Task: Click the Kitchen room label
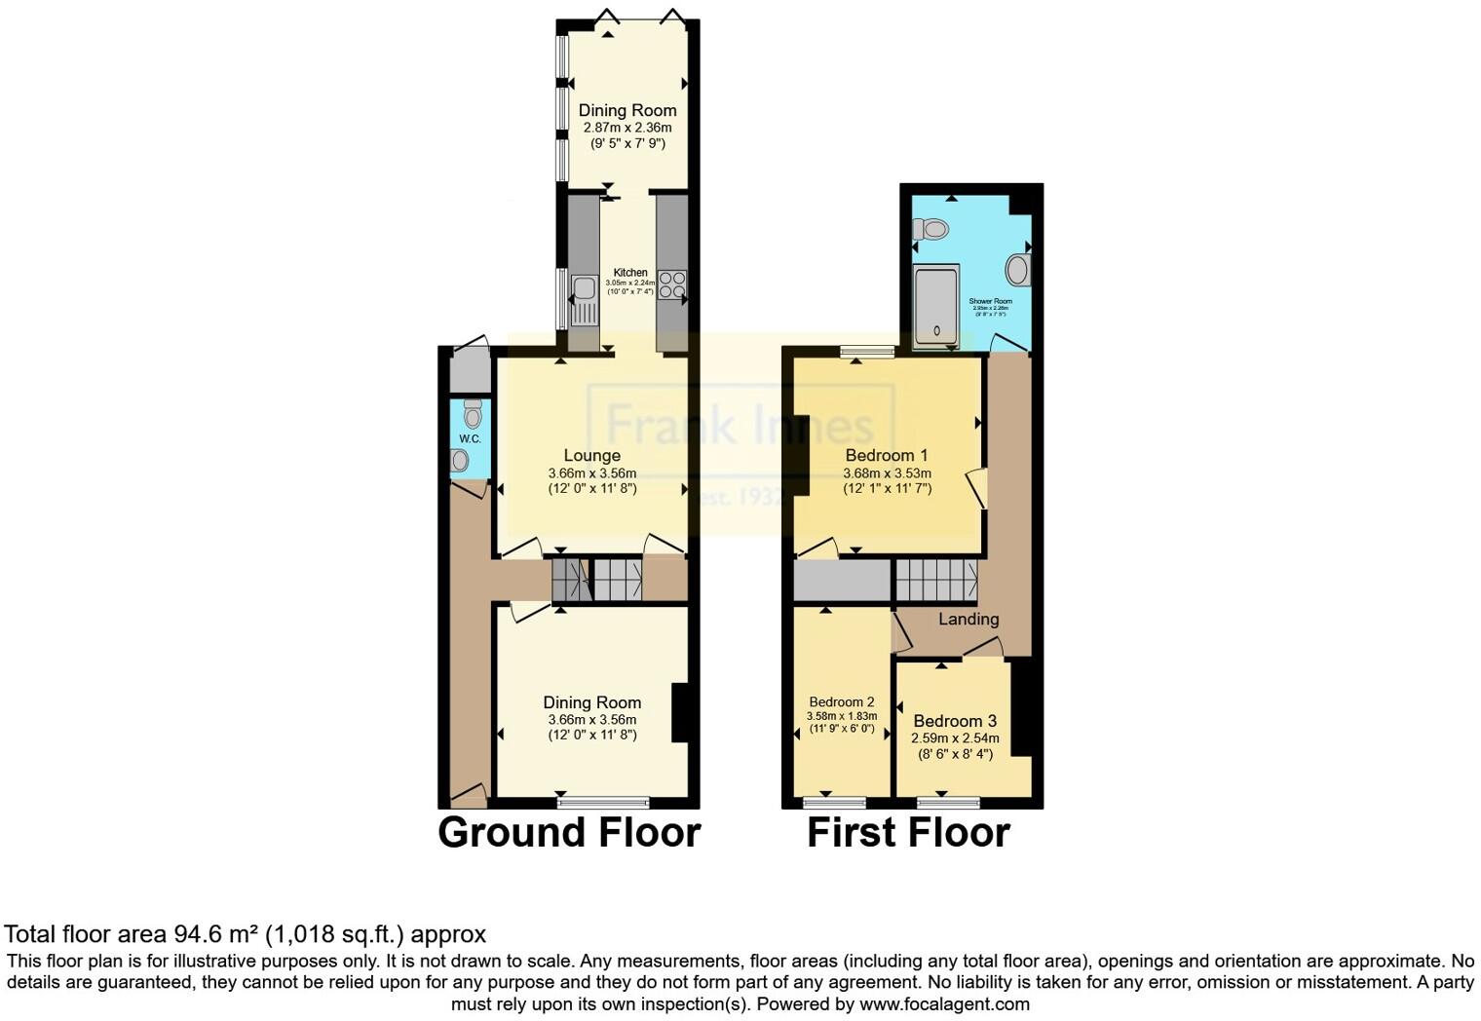(629, 273)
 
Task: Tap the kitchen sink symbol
(584, 299)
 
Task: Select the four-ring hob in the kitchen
(671, 284)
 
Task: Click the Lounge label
(591, 455)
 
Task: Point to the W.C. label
(470, 438)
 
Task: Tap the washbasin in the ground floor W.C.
(460, 461)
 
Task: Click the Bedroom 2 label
(841, 701)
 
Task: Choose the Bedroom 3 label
(954, 721)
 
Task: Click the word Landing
(968, 619)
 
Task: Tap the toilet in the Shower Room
(930, 230)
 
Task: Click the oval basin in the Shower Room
(1017, 270)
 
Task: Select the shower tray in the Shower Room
(936, 305)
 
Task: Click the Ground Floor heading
(569, 833)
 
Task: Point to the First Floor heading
(908, 833)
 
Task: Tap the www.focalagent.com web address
(943, 1003)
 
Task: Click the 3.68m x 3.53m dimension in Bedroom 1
(887, 473)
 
